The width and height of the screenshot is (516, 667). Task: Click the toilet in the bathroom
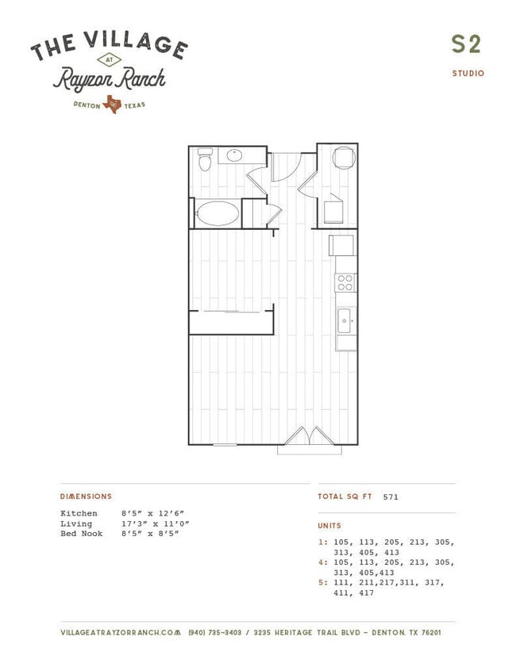point(205,159)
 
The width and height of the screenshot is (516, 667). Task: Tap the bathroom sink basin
point(234,155)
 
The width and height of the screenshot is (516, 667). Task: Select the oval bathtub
point(218,213)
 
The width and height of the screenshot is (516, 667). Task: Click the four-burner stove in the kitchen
point(345,283)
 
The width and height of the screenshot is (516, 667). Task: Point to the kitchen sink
point(344,321)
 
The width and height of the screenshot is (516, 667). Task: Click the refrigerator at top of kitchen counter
point(341,245)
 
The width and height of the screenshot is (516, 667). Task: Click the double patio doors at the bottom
point(309,435)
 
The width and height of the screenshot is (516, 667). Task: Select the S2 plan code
point(466,44)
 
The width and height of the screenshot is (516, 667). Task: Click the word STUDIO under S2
point(468,73)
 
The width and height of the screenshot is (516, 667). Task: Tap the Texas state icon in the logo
point(112,104)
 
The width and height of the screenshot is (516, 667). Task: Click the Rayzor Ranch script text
point(110,79)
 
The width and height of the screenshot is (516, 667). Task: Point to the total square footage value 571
point(391,496)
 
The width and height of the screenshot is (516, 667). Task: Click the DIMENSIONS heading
point(86,496)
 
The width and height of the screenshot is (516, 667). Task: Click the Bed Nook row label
point(81,534)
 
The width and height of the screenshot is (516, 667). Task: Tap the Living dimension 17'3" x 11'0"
point(156,523)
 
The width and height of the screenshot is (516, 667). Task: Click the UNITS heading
point(329,526)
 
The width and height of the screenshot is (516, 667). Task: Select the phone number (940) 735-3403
point(215,633)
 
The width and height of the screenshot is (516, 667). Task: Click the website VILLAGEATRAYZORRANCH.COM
point(121,633)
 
